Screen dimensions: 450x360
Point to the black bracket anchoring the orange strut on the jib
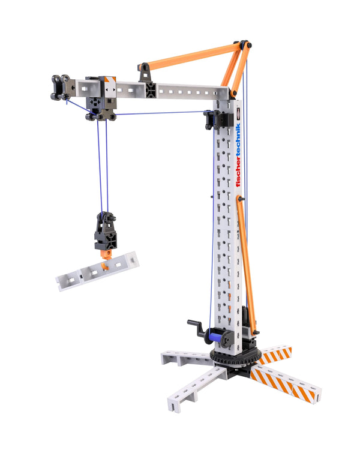145,73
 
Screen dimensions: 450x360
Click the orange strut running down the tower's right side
247,264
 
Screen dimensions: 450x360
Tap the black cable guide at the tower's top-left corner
211,118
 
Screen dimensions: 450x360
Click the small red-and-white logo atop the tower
238,113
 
